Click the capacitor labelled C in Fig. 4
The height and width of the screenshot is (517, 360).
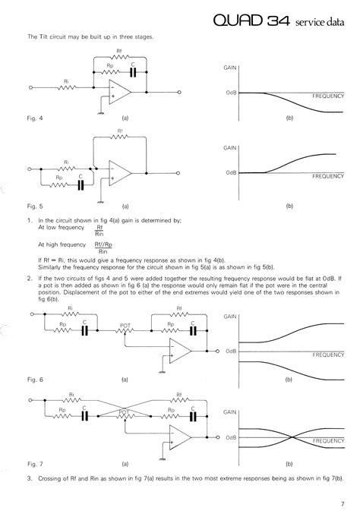133,71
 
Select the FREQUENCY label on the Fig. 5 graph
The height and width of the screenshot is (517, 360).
327,176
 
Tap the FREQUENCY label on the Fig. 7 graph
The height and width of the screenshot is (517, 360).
327,440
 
